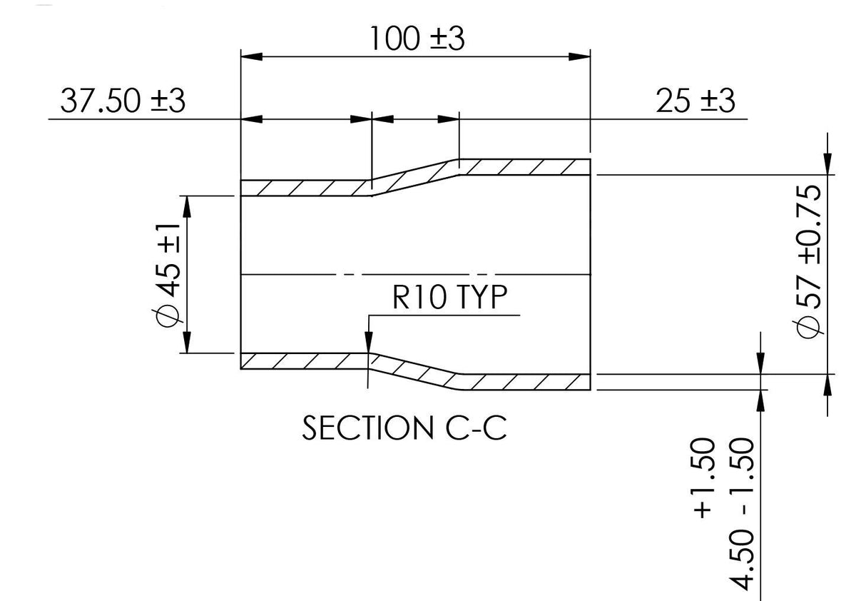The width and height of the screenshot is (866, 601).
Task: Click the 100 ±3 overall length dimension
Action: [x=417, y=39]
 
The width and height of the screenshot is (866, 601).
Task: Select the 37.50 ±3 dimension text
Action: [x=123, y=101]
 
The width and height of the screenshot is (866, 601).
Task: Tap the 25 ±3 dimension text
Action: [x=696, y=101]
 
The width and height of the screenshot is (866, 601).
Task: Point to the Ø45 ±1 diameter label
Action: [x=167, y=275]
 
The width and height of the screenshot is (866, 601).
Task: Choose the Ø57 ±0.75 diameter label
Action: [x=808, y=261]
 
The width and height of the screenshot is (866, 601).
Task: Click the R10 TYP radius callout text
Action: [x=449, y=298]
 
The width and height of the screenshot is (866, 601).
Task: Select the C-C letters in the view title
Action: [x=476, y=428]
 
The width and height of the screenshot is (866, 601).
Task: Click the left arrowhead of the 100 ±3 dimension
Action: [x=252, y=57]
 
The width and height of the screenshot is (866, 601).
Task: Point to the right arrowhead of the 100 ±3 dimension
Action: [x=579, y=57]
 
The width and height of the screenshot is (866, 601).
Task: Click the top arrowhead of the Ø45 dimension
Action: [x=187, y=207]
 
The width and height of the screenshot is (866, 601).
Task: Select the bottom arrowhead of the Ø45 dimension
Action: [x=187, y=343]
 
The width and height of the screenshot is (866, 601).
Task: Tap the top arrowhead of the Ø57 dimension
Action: [x=827, y=164]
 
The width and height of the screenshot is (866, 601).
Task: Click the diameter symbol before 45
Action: [x=168, y=315]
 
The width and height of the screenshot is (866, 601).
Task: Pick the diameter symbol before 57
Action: [x=808, y=327]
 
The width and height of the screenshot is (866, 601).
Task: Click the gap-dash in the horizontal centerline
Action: [x=348, y=275]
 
